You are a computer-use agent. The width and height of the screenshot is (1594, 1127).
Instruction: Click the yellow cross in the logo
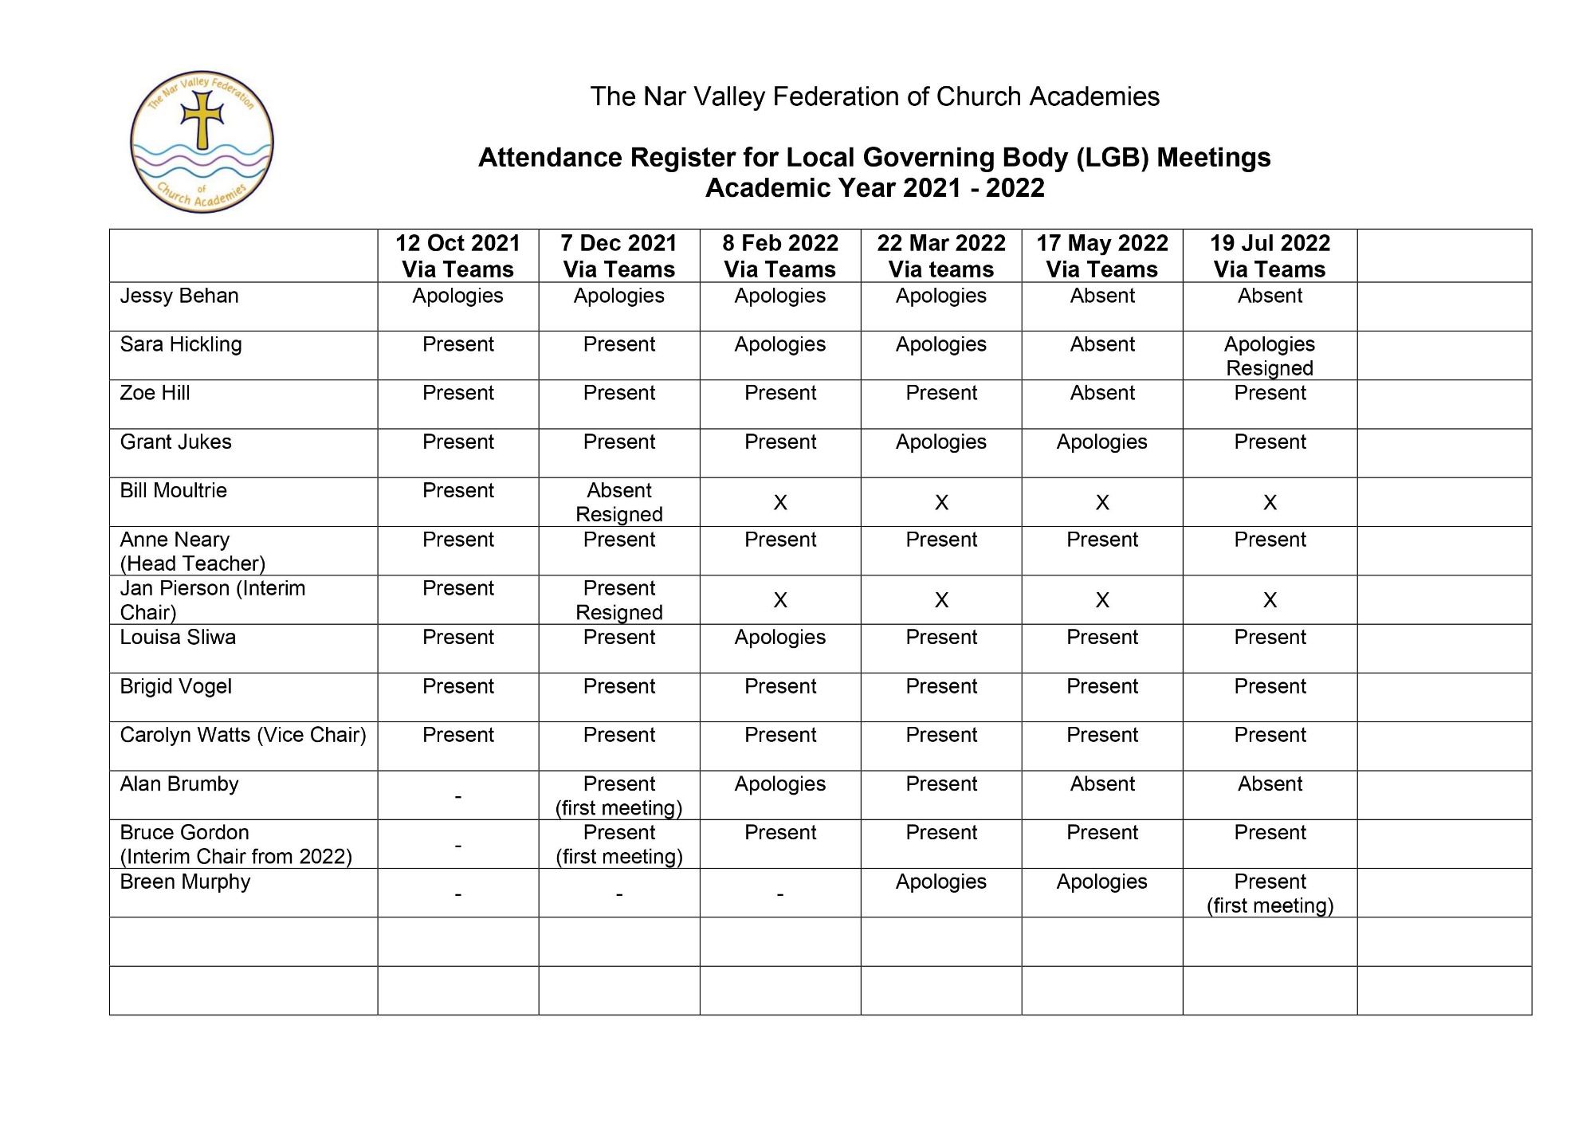(202, 120)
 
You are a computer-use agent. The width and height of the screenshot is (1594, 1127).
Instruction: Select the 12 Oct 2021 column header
(457, 256)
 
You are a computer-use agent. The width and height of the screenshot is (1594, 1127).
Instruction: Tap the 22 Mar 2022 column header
(941, 256)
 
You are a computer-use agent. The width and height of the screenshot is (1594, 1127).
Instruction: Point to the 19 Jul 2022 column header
(1270, 256)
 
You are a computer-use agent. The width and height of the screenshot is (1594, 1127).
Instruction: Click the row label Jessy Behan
(179, 296)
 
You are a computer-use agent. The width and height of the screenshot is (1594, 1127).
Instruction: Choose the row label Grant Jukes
(175, 442)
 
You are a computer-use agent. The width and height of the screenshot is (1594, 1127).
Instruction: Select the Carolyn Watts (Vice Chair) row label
(243, 735)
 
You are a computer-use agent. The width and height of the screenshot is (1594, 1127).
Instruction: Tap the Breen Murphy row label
(185, 882)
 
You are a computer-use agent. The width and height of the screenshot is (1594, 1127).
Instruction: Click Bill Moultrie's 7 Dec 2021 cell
(619, 502)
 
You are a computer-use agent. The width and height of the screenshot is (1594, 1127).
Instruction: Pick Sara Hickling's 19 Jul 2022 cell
(1270, 355)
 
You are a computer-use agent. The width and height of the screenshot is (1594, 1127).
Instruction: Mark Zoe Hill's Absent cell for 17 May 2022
(1102, 394)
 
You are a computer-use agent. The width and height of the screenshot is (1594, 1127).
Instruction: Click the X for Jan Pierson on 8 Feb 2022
(780, 600)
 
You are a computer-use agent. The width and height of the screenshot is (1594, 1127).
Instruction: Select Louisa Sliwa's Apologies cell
(780, 638)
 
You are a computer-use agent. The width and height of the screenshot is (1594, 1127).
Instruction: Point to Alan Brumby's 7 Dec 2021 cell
(619, 795)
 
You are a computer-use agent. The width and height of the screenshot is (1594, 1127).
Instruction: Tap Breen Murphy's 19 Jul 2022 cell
(1270, 893)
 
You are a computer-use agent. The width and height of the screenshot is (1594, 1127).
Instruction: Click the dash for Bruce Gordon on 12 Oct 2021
(457, 845)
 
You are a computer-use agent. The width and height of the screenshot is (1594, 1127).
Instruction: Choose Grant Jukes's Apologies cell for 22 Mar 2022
(941, 442)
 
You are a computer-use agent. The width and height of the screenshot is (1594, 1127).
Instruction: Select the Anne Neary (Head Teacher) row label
(192, 552)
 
